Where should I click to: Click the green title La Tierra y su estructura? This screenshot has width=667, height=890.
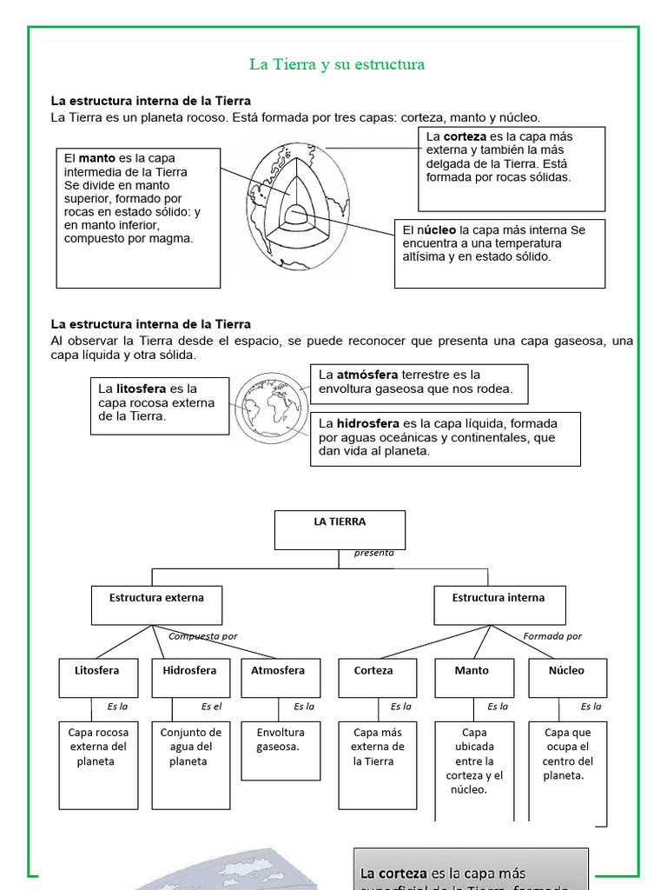point(337,64)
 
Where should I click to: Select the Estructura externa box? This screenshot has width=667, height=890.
point(156,605)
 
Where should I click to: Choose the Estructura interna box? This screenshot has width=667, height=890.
point(499,605)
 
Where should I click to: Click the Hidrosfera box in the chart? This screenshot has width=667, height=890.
point(190,677)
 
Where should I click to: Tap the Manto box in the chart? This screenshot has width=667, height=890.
point(472,677)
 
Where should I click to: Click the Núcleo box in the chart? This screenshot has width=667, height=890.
point(566,677)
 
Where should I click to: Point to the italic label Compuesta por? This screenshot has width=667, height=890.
point(202,636)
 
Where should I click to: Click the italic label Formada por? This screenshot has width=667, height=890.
point(552,636)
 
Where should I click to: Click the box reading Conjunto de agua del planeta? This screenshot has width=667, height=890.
point(190,763)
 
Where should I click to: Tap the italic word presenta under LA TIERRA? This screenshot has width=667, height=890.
point(373,553)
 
